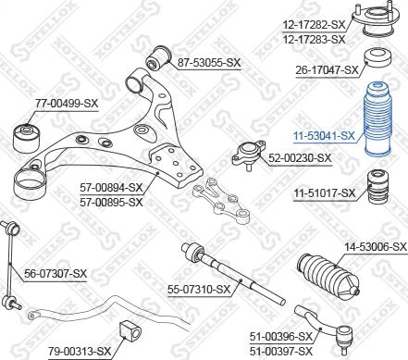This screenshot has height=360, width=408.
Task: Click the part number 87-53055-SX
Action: [x=208, y=63]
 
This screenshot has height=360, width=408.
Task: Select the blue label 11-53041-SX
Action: [x=324, y=136]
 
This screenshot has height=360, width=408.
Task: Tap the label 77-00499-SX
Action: [x=67, y=103]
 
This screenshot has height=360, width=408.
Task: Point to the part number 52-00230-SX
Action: [x=300, y=158]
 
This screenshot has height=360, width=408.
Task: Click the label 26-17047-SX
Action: [x=327, y=70]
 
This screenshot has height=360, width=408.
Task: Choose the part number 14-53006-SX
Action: [x=376, y=247]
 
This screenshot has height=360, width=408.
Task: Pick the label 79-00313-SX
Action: [x=80, y=351]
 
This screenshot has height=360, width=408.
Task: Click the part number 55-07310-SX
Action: [x=199, y=289]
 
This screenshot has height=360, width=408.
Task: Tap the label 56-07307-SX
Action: [x=56, y=273]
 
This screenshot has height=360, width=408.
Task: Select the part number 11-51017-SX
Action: [x=325, y=193]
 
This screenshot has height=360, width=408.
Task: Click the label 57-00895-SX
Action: [x=111, y=203]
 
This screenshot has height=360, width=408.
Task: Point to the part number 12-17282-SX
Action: [x=314, y=25]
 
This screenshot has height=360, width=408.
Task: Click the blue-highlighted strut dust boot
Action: [x=378, y=118]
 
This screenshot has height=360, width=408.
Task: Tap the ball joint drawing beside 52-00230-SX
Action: [x=249, y=155]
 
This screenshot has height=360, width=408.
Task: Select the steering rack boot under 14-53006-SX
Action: [x=328, y=277]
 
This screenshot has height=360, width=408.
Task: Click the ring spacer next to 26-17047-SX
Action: [x=377, y=58]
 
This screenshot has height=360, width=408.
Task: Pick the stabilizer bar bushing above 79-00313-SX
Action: [x=130, y=331]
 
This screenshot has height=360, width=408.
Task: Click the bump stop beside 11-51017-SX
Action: [x=377, y=187]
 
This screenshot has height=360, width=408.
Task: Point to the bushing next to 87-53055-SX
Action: [x=157, y=57]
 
